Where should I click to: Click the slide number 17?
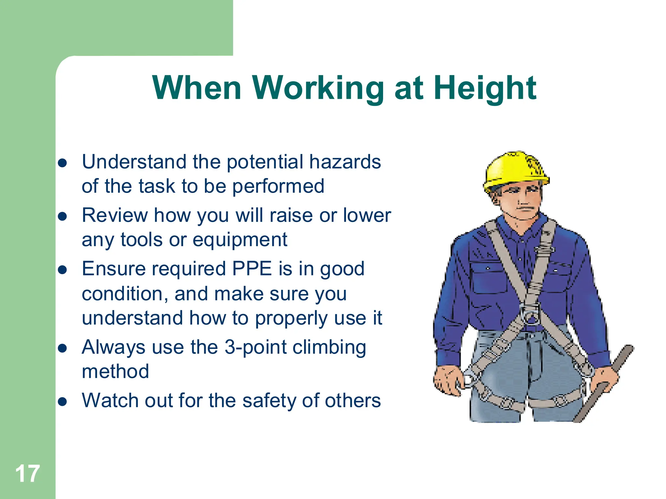pos(27,474)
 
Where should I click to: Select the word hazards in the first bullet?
pos(345,162)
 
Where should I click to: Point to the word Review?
pos(115,215)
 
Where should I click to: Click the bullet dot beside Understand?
pos(62,163)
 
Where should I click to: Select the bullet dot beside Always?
pos(62,348)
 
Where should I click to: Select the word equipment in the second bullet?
pos(240,240)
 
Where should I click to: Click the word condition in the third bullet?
pos(125,294)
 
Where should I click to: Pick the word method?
pos(115,371)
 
